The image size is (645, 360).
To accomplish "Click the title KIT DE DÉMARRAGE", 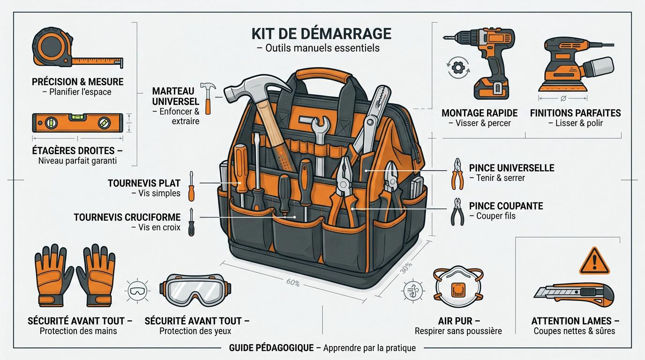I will [x=321, y=34].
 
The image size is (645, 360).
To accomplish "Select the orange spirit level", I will [x=77, y=123].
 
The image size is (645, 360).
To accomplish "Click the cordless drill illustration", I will [x=490, y=61].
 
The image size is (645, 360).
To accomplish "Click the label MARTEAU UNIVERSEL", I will [x=175, y=96].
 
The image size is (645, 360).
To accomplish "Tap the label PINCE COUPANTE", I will [x=506, y=206].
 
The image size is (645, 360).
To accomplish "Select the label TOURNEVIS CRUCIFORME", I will [x=127, y=217].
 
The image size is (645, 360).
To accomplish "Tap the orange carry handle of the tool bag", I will [x=322, y=74].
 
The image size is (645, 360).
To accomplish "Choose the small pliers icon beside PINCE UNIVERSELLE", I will [x=457, y=173].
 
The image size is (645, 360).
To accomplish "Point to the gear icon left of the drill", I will [x=456, y=67].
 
